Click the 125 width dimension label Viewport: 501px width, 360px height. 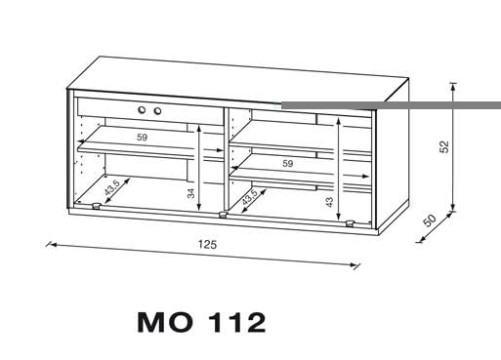207,244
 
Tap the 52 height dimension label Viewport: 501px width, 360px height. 444,146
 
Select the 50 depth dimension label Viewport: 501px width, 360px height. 430,220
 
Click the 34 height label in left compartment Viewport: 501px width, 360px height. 191,193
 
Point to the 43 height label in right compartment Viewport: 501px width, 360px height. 329,202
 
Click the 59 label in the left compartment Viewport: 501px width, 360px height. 142,138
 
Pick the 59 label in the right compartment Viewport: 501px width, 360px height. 287,163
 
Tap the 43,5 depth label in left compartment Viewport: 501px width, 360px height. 112,187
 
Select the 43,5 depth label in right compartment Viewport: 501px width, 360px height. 250,197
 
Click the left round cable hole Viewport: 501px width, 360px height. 142,110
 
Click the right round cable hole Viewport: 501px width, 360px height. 157,111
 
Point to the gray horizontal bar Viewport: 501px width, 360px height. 391,105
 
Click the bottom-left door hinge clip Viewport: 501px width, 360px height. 96,206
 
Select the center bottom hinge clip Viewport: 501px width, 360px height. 223,215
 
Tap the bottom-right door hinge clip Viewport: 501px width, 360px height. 350,223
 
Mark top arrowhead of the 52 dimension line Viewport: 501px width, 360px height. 452,87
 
